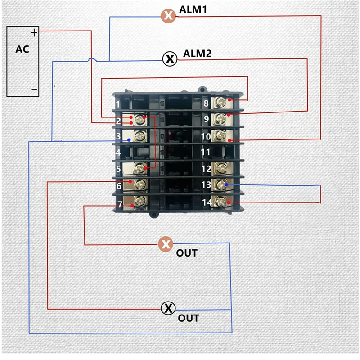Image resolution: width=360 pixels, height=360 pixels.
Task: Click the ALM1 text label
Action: [x=193, y=9]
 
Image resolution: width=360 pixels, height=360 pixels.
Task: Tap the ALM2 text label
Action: [x=197, y=54]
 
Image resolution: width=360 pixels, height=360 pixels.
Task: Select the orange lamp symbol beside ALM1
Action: [x=168, y=16]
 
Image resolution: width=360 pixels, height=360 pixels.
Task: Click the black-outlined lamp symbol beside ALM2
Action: [x=170, y=59]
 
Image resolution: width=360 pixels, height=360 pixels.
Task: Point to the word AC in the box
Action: [x=22, y=49]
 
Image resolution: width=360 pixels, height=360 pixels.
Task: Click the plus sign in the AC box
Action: [x=34, y=33]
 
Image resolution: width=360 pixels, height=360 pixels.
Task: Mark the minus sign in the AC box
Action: [x=35, y=89]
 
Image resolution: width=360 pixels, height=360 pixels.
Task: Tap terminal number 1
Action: [x=118, y=104]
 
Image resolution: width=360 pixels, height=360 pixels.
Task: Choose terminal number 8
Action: [x=206, y=103]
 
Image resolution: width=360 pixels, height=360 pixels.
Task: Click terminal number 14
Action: [x=207, y=202]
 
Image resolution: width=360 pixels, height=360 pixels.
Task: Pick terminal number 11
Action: [x=206, y=152]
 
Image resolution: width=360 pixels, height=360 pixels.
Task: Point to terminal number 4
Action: [x=118, y=153]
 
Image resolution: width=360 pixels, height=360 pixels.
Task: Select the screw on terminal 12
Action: [x=220, y=168]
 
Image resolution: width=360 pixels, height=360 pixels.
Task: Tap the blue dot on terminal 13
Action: [x=227, y=184]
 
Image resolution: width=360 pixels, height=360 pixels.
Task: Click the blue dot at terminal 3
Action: [x=129, y=140]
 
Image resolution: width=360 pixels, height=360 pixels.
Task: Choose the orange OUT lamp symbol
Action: [x=166, y=244]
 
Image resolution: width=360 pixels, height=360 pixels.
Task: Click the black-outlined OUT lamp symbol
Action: [x=168, y=308]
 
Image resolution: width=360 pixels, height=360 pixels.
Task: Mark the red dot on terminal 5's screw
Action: [x=145, y=168]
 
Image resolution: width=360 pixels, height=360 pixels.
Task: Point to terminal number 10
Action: [x=206, y=137]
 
